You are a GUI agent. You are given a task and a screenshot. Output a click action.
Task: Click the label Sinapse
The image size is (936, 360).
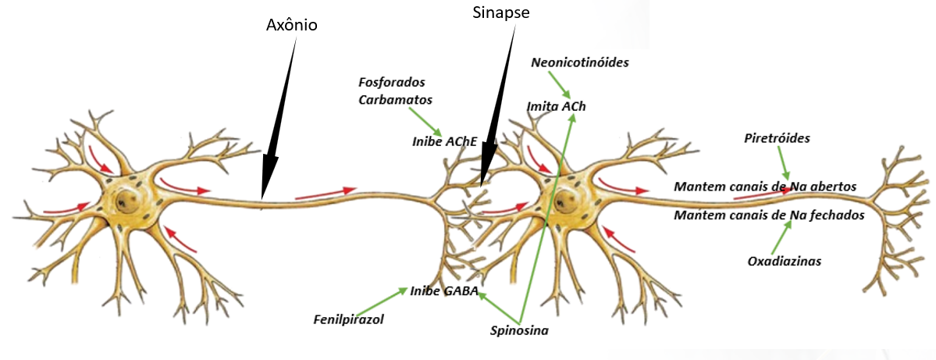(502, 13)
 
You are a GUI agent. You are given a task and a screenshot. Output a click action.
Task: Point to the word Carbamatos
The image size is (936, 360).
(395, 99)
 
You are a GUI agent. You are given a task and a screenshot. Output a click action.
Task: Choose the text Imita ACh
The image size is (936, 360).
(556, 106)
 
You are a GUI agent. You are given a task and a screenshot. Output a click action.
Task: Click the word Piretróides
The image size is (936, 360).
(777, 138)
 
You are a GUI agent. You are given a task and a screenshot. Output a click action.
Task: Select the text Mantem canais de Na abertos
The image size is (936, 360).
(765, 187)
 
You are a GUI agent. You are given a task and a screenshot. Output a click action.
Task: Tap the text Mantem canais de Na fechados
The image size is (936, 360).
(769, 215)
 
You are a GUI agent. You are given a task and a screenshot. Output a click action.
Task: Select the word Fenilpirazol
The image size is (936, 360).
(349, 319)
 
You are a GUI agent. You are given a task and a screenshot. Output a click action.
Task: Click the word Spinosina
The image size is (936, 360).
(519, 330)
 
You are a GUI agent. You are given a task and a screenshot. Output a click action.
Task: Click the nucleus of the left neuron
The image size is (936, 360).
(126, 202)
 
